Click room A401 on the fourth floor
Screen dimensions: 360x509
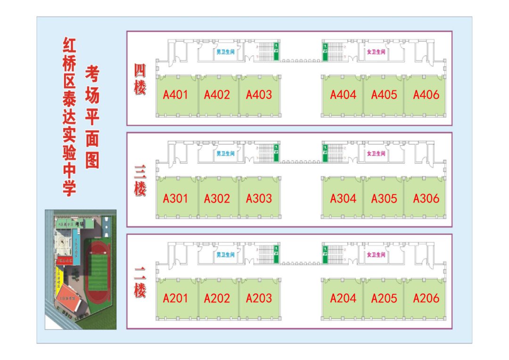point(176,95)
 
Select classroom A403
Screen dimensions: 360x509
point(259,95)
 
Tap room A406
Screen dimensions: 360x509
point(426,95)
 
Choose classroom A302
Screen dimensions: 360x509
point(217,198)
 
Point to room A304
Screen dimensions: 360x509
point(343,198)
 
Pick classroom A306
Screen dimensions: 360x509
point(426,198)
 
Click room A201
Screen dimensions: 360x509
point(176,298)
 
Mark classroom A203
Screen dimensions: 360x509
point(259,298)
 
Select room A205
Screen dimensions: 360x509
point(384,298)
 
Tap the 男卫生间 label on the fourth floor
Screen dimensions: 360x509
point(225,52)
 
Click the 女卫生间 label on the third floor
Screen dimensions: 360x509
point(376,154)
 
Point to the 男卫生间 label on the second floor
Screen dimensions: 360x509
point(225,255)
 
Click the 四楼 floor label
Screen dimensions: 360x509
point(140,79)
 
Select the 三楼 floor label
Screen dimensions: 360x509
point(140,181)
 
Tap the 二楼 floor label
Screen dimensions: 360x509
point(140,282)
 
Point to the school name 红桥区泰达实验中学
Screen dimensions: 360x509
point(70,117)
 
